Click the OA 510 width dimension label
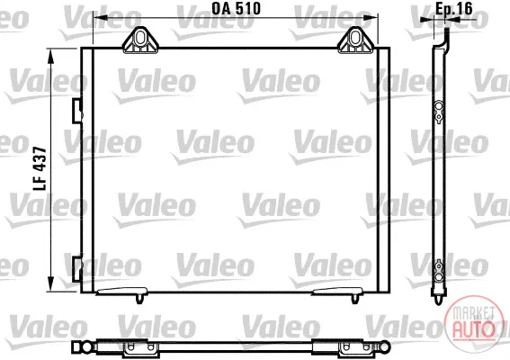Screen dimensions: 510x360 coord(237,9)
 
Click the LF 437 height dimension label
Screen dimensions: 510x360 coord(40,168)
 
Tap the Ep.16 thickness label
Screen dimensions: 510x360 coord(453,9)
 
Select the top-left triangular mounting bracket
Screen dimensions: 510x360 coord(140,40)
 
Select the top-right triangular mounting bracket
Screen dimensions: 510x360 coord(356,40)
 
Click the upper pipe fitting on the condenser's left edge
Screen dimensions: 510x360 coord(77,111)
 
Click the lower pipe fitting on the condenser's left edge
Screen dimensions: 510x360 coord(77,269)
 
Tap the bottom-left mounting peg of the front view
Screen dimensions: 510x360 coord(139,299)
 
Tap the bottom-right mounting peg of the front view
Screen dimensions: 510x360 coord(355,299)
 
